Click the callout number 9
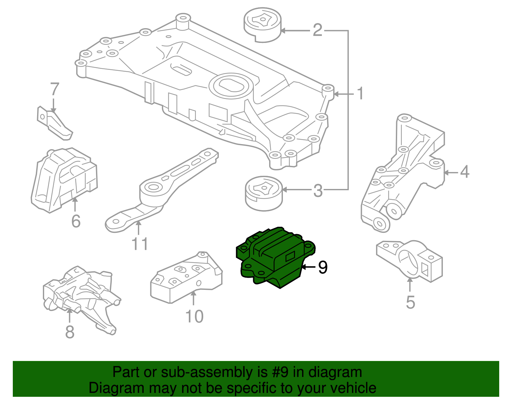(323, 267)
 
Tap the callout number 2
(317, 30)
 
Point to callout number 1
(360, 94)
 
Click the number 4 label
(464, 172)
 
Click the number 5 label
(410, 302)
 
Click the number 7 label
(55, 90)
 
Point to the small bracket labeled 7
(54, 123)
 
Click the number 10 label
(194, 316)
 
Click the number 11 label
(140, 244)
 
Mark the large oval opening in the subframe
(229, 85)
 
